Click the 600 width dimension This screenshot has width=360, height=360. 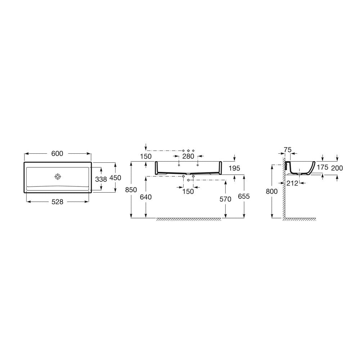(x=57, y=153)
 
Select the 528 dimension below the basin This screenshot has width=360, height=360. (x=57, y=202)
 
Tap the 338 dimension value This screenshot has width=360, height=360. (x=101, y=179)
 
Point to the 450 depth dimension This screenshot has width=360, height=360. (x=115, y=178)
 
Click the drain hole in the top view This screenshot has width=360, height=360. (x=58, y=176)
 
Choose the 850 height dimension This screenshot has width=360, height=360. (x=131, y=190)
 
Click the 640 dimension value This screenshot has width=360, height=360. (x=146, y=197)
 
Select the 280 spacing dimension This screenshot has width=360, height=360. (x=188, y=156)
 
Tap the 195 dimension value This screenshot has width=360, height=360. (x=234, y=168)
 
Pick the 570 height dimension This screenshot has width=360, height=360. (x=225, y=199)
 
